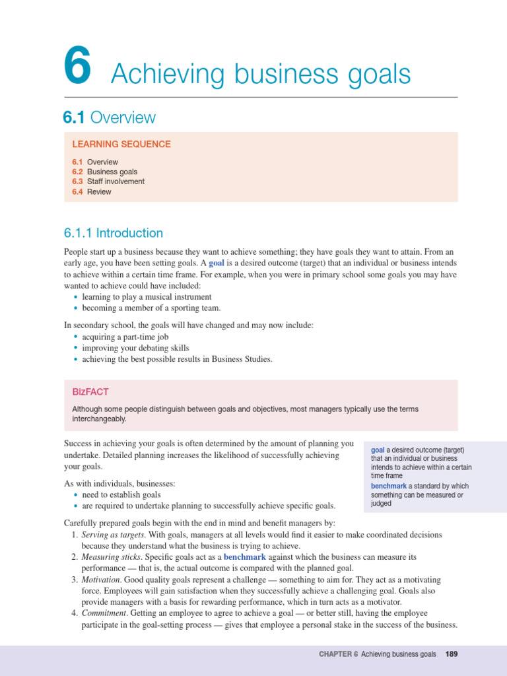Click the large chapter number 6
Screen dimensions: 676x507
[x=77, y=69]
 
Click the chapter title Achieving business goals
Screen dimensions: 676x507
[x=261, y=74]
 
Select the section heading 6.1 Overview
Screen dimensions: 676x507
[x=110, y=118]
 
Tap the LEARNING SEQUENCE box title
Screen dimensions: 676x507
[x=121, y=144]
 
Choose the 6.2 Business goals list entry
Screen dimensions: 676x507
[x=105, y=172]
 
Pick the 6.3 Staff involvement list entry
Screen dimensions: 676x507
[x=108, y=182]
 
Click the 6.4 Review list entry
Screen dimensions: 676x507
[x=92, y=192]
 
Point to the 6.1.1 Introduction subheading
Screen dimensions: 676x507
[x=114, y=233]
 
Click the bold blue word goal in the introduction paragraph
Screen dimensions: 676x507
[x=217, y=263]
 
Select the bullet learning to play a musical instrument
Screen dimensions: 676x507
[x=147, y=297]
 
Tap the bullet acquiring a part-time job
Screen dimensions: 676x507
[x=125, y=337]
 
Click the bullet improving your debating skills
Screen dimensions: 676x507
[x=135, y=348]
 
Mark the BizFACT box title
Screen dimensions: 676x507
[x=90, y=392]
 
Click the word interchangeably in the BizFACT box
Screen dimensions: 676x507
[x=99, y=419]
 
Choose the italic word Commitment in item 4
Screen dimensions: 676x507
[x=104, y=613]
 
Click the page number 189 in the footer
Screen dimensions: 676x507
[x=452, y=654]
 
